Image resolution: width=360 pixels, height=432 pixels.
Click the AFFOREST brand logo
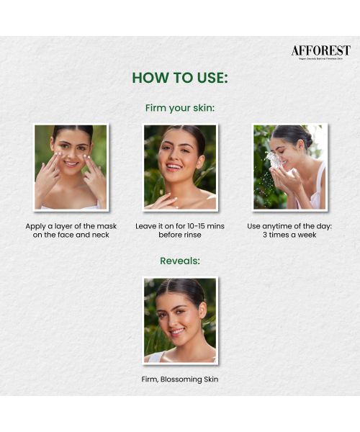[x=320, y=51]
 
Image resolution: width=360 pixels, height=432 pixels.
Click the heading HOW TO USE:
[x=180, y=78]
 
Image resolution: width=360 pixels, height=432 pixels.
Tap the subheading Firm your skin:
[x=180, y=108]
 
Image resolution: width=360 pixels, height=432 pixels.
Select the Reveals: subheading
[x=180, y=261]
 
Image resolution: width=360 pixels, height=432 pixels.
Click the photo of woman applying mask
[x=71, y=167]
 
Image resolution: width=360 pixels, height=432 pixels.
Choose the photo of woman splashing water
[x=289, y=167]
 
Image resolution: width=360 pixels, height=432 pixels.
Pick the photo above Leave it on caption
[x=180, y=167]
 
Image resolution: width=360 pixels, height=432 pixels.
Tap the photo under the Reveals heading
[x=180, y=320]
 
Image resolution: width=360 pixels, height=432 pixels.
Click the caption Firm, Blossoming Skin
[x=180, y=379]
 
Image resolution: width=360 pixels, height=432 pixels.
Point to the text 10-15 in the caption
[x=190, y=226]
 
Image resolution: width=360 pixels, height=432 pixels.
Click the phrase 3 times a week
[x=289, y=235]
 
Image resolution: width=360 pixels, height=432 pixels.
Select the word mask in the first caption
[x=105, y=226]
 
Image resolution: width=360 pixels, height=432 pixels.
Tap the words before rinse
[x=180, y=235]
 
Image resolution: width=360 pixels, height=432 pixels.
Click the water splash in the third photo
[x=274, y=161]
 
